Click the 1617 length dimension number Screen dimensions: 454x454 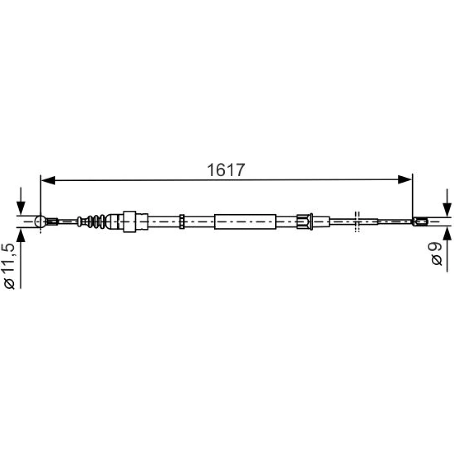(x=226, y=170)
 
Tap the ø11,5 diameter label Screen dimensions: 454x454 (x=9, y=266)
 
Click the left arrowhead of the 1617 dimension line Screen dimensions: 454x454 (x=48, y=180)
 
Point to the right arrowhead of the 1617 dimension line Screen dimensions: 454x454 (x=405, y=180)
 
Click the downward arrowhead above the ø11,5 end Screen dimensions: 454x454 (x=21, y=207)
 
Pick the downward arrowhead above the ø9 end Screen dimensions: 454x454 (x=447, y=209)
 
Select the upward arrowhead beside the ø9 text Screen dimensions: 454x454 (x=447, y=234)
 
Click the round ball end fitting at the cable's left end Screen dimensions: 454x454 (x=40, y=222)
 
